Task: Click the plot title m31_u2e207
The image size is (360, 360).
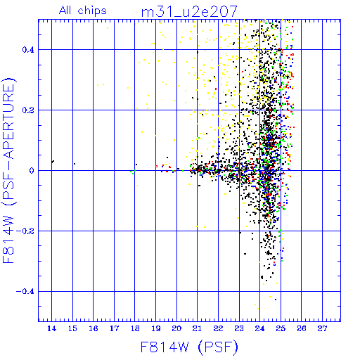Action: tap(189, 12)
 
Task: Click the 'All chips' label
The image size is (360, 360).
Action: tap(83, 11)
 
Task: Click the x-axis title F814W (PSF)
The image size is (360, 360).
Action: tap(189, 347)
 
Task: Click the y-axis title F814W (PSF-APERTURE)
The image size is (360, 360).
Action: tap(9, 171)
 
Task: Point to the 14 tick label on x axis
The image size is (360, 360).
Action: tap(51, 328)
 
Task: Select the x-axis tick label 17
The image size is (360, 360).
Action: tap(114, 328)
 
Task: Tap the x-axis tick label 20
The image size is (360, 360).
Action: tap(176, 328)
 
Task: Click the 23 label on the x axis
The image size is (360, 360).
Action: tap(239, 328)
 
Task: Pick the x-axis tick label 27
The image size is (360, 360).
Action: tap(322, 328)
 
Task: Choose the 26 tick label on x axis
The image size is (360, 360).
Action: tap(302, 328)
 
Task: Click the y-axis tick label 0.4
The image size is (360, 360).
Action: tap(28, 50)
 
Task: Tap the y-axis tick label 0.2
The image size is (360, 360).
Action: tap(28, 110)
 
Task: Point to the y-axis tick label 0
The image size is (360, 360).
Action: tap(32, 171)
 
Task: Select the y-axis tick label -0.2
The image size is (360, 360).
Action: tap(25, 231)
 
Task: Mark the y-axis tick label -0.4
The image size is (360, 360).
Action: tap(25, 292)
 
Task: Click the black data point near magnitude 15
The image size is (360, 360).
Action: tap(75, 164)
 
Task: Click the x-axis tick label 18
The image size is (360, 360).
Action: tap(135, 328)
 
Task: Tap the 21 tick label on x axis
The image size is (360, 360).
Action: tap(197, 328)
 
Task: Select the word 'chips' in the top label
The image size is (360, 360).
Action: tap(92, 11)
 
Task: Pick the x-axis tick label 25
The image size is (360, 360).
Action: tap(281, 328)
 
